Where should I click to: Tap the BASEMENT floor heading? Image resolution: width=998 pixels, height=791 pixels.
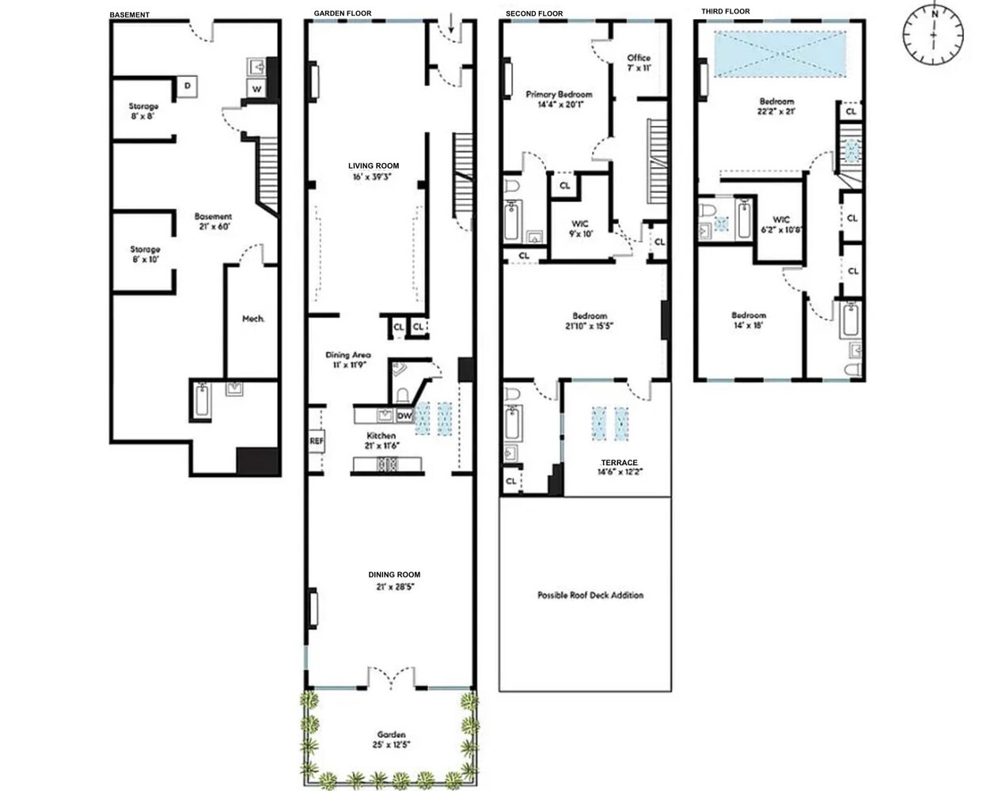point(129,15)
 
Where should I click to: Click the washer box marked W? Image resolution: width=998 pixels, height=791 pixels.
point(256,89)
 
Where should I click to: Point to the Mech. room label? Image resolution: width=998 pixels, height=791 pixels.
point(252,319)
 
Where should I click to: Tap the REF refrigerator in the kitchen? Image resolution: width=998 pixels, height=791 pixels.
point(316,441)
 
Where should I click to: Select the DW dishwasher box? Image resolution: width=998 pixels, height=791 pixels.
point(404,416)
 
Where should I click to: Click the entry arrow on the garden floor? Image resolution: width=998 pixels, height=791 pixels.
point(451,27)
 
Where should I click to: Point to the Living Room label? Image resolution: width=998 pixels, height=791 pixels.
point(374,166)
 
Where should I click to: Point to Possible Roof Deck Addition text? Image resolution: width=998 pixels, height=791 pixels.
point(590,595)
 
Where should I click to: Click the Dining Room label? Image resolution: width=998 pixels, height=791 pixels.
point(393,574)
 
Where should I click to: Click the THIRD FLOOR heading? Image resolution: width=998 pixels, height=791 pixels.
point(725,11)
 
